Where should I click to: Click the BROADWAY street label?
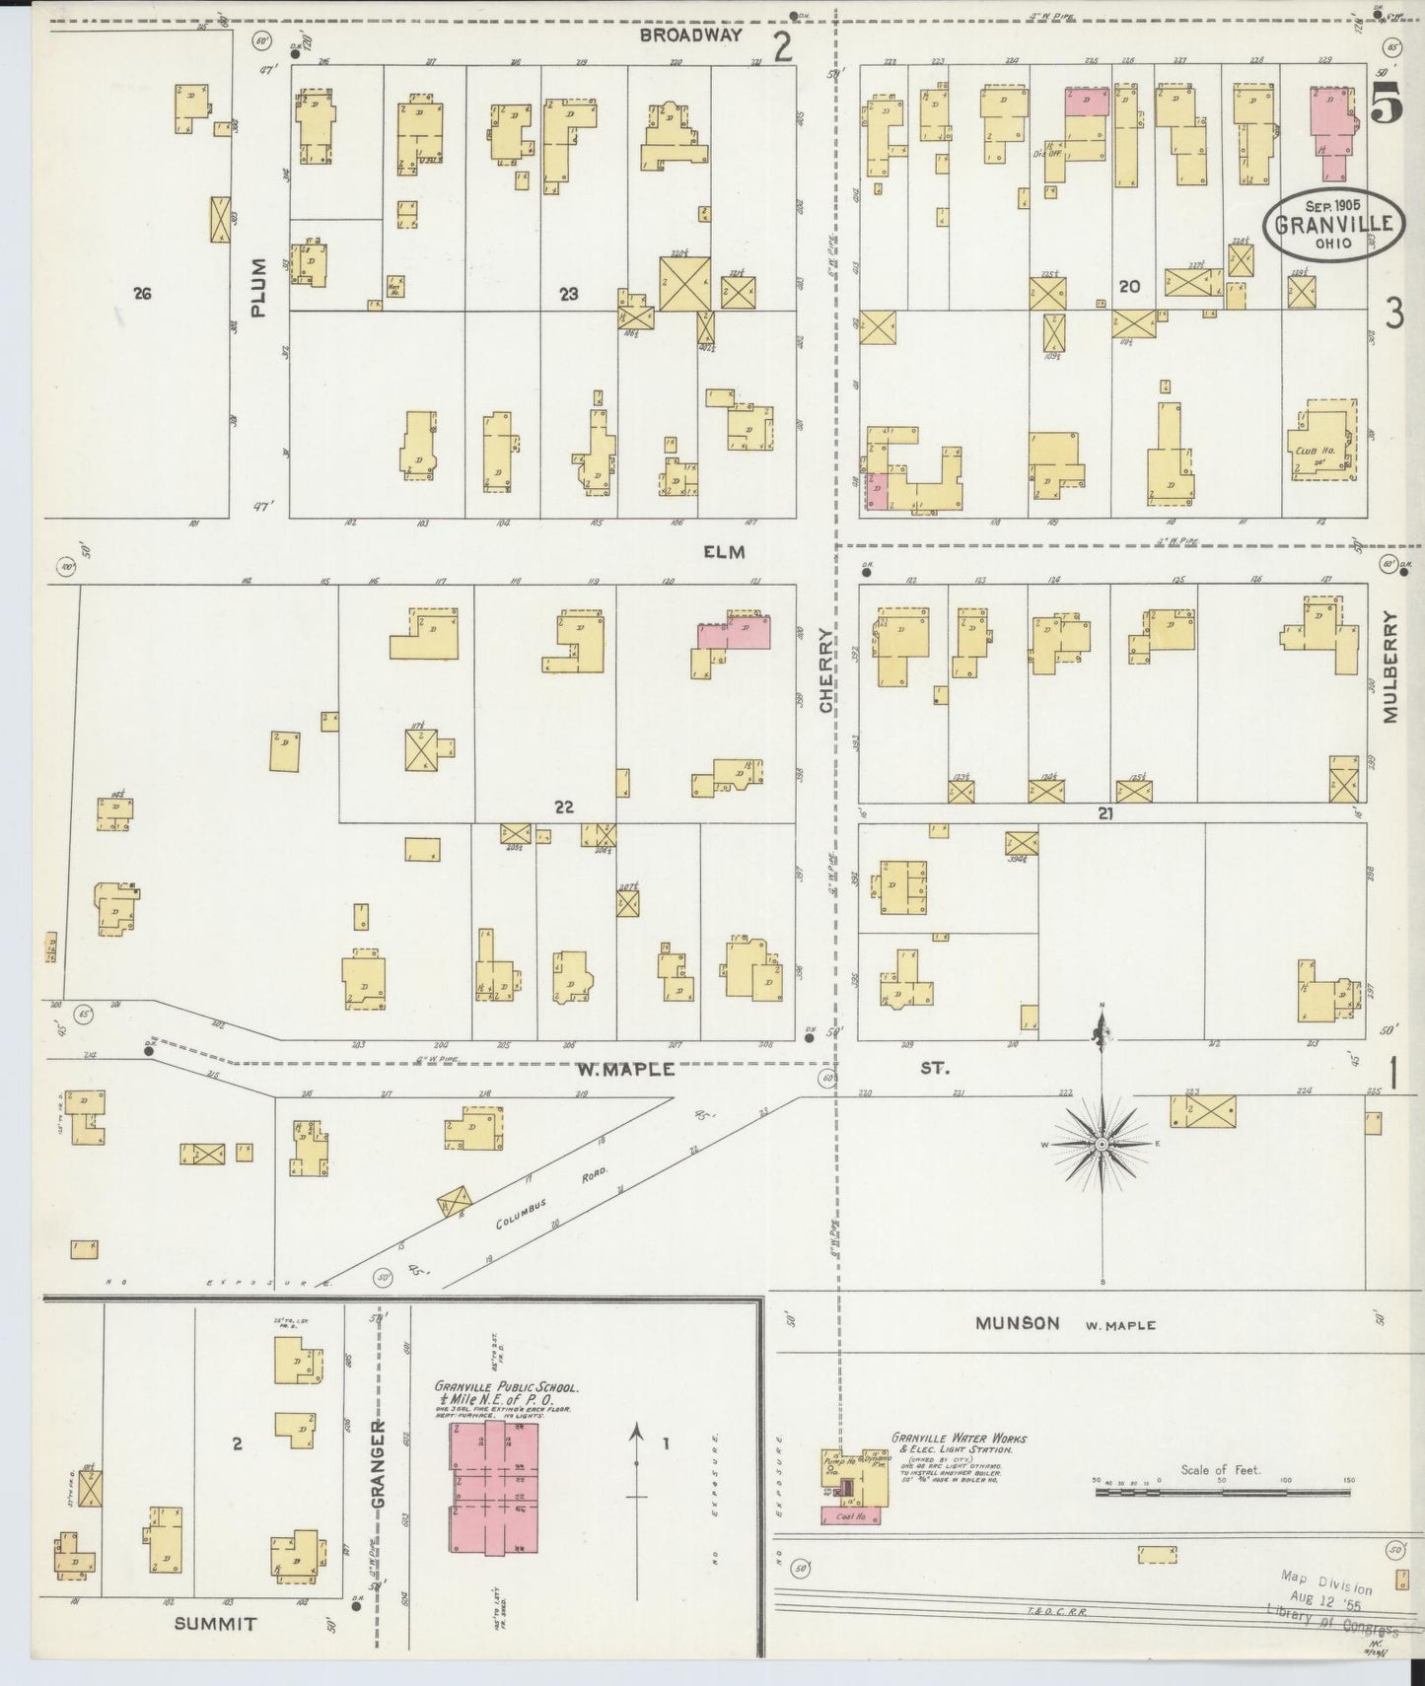pos(689,35)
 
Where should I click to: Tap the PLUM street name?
pos(258,287)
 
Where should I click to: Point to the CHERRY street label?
pos(827,670)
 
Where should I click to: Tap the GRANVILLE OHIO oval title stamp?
pos(1333,224)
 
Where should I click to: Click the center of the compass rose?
pos(1101,1144)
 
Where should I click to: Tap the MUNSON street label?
pos(1017,1323)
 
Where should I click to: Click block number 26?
pos(142,293)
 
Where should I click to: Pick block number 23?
pos(567,293)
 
